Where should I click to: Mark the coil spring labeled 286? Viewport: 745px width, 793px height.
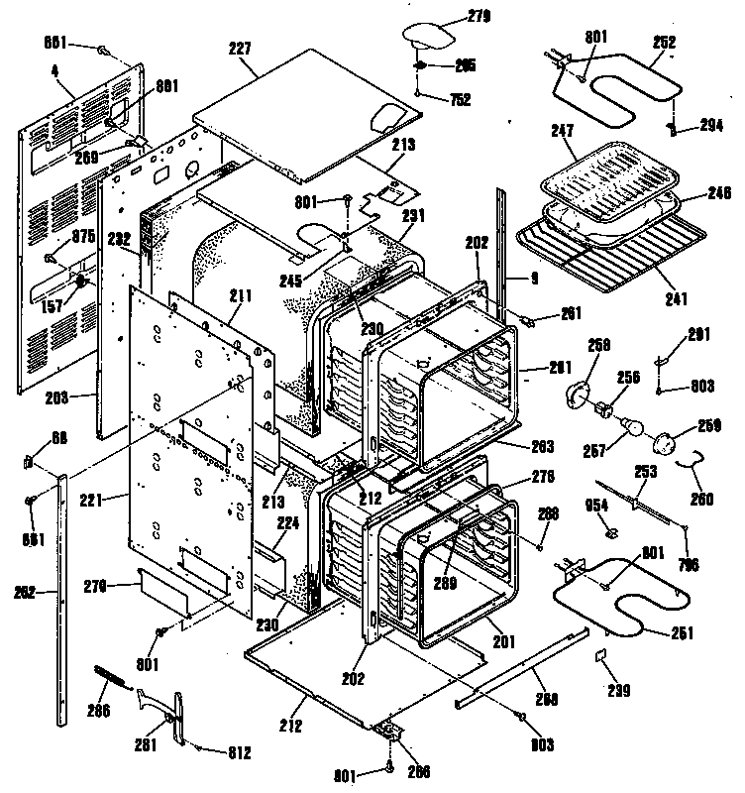click(x=112, y=675)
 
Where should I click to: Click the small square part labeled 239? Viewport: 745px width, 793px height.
click(x=599, y=656)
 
